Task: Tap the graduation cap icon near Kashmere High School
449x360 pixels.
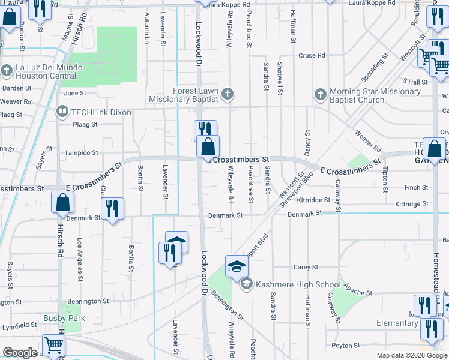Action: click(x=237, y=265)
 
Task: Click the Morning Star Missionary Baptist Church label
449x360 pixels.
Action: click(x=376, y=95)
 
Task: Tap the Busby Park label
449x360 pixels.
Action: click(x=64, y=318)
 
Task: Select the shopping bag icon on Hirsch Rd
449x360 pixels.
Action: click(x=63, y=203)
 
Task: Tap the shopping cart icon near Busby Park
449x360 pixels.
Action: click(x=54, y=346)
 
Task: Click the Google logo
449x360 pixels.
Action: click(x=20, y=353)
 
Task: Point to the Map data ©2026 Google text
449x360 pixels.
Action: click(x=411, y=355)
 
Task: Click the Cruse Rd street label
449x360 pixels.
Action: click(x=312, y=55)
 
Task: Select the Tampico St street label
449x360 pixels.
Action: click(x=81, y=153)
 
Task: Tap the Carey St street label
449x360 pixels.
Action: click(x=301, y=267)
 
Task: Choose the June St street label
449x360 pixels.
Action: click(x=75, y=94)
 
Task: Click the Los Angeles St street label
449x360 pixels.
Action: click(x=80, y=258)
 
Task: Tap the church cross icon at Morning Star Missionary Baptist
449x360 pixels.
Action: click(x=320, y=94)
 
